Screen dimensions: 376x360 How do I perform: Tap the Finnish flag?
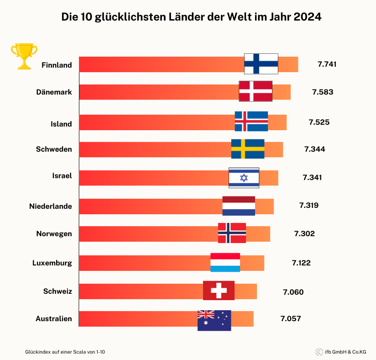tap(261, 64)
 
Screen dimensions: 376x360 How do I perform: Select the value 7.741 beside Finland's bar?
tap(327, 64)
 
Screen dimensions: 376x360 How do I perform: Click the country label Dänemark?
tap(54, 92)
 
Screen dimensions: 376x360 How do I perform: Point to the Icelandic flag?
tap(251, 121)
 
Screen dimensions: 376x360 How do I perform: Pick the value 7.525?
tap(319, 122)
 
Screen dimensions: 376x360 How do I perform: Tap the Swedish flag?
tap(248, 149)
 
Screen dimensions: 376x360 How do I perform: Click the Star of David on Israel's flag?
tap(244, 178)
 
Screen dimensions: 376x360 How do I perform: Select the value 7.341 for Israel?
tap(312, 177)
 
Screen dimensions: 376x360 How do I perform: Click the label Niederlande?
tap(51, 206)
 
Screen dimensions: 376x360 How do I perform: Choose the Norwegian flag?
tap(232, 233)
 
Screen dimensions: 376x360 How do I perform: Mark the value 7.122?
tap(301, 263)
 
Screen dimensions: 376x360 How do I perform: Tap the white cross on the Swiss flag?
tap(219, 291)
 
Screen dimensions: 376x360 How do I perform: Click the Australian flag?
tap(214, 321)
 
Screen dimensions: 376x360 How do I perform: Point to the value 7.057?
tap(291, 318)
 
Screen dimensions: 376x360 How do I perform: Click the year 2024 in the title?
tap(308, 17)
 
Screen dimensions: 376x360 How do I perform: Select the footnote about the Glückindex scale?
tap(65, 352)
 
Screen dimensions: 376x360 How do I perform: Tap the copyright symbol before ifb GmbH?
tap(319, 352)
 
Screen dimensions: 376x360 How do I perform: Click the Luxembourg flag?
tap(225, 263)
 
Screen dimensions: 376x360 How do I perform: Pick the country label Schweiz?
tap(57, 291)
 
